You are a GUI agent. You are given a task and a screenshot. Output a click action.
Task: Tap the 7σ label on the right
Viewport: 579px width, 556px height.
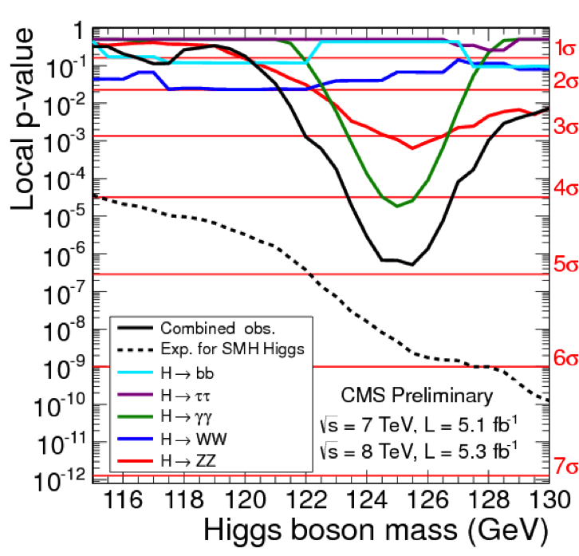point(565,464)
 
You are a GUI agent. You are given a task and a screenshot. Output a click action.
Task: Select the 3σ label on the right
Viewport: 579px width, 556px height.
point(565,126)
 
